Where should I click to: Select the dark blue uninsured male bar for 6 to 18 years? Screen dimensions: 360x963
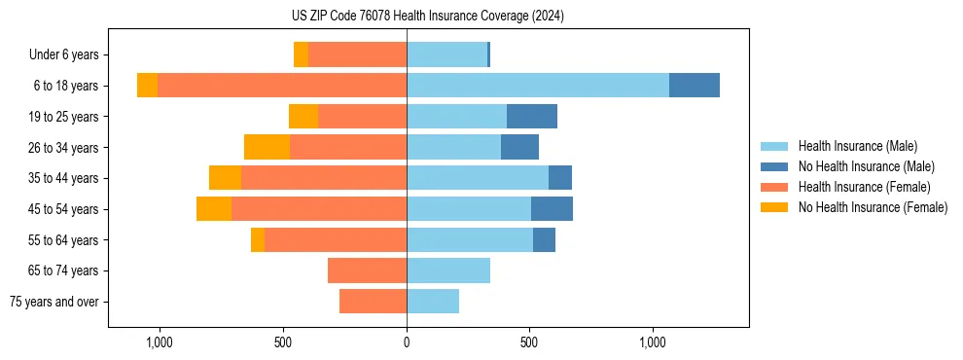[694, 86]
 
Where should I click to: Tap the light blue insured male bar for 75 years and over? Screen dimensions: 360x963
[433, 302]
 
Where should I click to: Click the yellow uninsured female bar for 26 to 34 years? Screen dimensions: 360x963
[267, 147]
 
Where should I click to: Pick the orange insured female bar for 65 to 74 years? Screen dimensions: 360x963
[367, 270]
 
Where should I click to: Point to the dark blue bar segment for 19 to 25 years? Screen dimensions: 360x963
[532, 117]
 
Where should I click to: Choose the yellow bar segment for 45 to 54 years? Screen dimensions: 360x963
[214, 209]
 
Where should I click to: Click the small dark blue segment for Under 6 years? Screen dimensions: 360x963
[488, 54]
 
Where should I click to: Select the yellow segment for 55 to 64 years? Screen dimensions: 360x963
[258, 239]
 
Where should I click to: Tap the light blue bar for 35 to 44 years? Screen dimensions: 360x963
[478, 178]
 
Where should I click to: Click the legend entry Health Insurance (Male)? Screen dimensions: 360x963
[857, 146]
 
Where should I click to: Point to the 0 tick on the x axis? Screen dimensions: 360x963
[407, 342]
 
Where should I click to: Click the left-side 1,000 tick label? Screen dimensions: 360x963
[160, 342]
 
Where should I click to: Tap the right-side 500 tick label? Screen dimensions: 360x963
[529, 342]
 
